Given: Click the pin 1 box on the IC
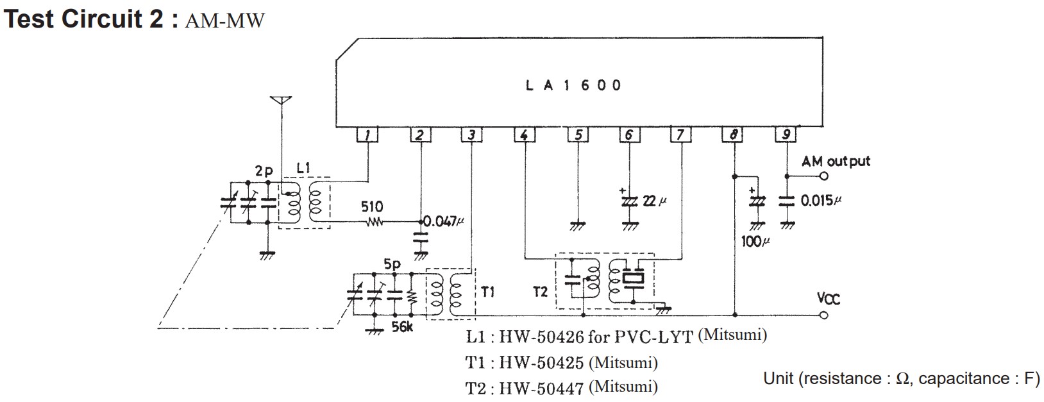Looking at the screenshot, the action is [x=367, y=135].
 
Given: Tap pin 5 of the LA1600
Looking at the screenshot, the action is [x=578, y=135].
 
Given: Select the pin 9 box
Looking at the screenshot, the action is [x=786, y=135].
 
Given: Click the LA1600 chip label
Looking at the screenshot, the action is [x=573, y=85].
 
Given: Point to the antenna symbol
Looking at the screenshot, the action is [x=281, y=101].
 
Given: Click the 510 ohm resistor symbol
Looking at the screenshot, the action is [x=374, y=222].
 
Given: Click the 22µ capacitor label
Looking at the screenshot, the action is [x=654, y=201].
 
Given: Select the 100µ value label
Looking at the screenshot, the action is [x=755, y=241].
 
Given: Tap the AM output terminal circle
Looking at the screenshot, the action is [x=824, y=176].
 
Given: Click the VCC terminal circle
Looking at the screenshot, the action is [x=824, y=315].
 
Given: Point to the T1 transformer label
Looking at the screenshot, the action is [x=487, y=292].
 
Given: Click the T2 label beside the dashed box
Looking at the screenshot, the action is [x=540, y=292].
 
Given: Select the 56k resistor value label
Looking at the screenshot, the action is [x=401, y=327].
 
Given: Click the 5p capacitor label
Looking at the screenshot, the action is [x=392, y=265].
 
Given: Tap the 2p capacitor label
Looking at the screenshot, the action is [x=264, y=171].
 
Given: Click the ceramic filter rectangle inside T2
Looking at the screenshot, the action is [x=633, y=279].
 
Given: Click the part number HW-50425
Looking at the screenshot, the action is [x=541, y=362].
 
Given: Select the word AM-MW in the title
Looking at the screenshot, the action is [x=224, y=21].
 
